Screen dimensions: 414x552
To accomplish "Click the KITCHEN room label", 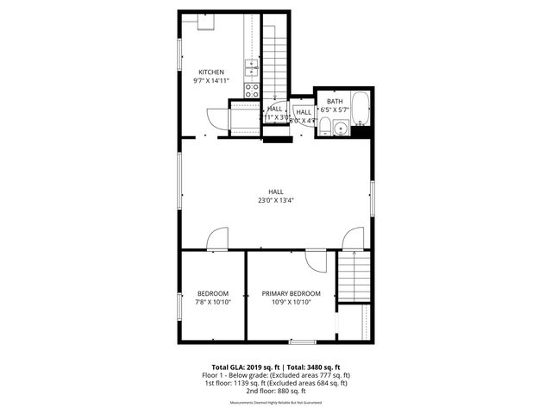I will (211, 72).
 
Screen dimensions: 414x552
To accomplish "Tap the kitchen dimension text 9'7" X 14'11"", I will (211, 80).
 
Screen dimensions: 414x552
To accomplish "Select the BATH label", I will (334, 102).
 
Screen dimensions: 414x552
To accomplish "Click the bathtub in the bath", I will (361, 110).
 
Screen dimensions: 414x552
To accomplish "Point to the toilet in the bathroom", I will (324, 129).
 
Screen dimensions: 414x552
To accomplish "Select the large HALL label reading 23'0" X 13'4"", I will (276, 196).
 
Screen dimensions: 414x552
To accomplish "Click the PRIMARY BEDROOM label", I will (292, 293).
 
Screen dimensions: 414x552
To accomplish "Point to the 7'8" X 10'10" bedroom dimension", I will (212, 302).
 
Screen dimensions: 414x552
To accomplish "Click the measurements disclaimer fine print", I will (276, 403).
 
